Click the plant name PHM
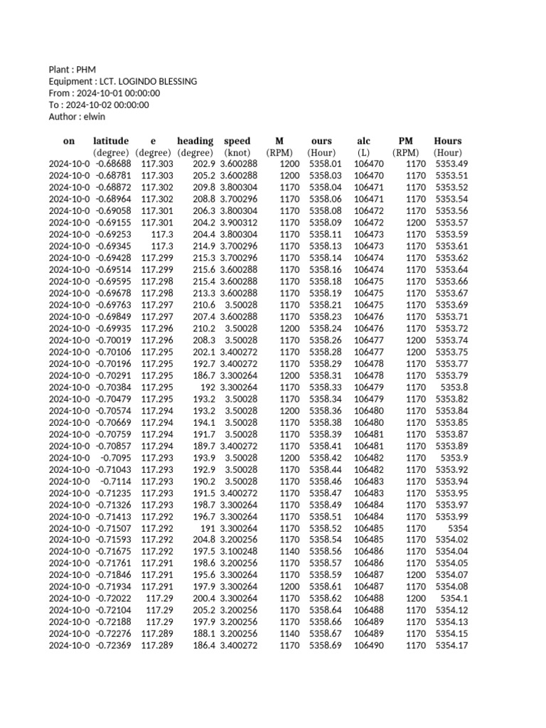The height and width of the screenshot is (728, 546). [85, 70]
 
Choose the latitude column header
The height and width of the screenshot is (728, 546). [111, 141]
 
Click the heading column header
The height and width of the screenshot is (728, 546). [195, 141]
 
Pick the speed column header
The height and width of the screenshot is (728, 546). [237, 141]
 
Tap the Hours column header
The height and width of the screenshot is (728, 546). [448, 141]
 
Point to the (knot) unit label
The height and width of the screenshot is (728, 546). [237, 152]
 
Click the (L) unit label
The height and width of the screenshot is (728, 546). [363, 152]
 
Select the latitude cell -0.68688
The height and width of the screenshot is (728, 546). [112, 164]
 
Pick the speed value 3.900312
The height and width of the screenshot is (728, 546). [239, 223]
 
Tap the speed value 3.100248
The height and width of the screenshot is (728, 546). [239, 552]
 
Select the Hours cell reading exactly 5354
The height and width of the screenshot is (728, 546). [457, 528]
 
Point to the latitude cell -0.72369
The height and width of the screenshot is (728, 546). [112, 646]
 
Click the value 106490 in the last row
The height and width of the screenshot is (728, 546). [368, 646]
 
